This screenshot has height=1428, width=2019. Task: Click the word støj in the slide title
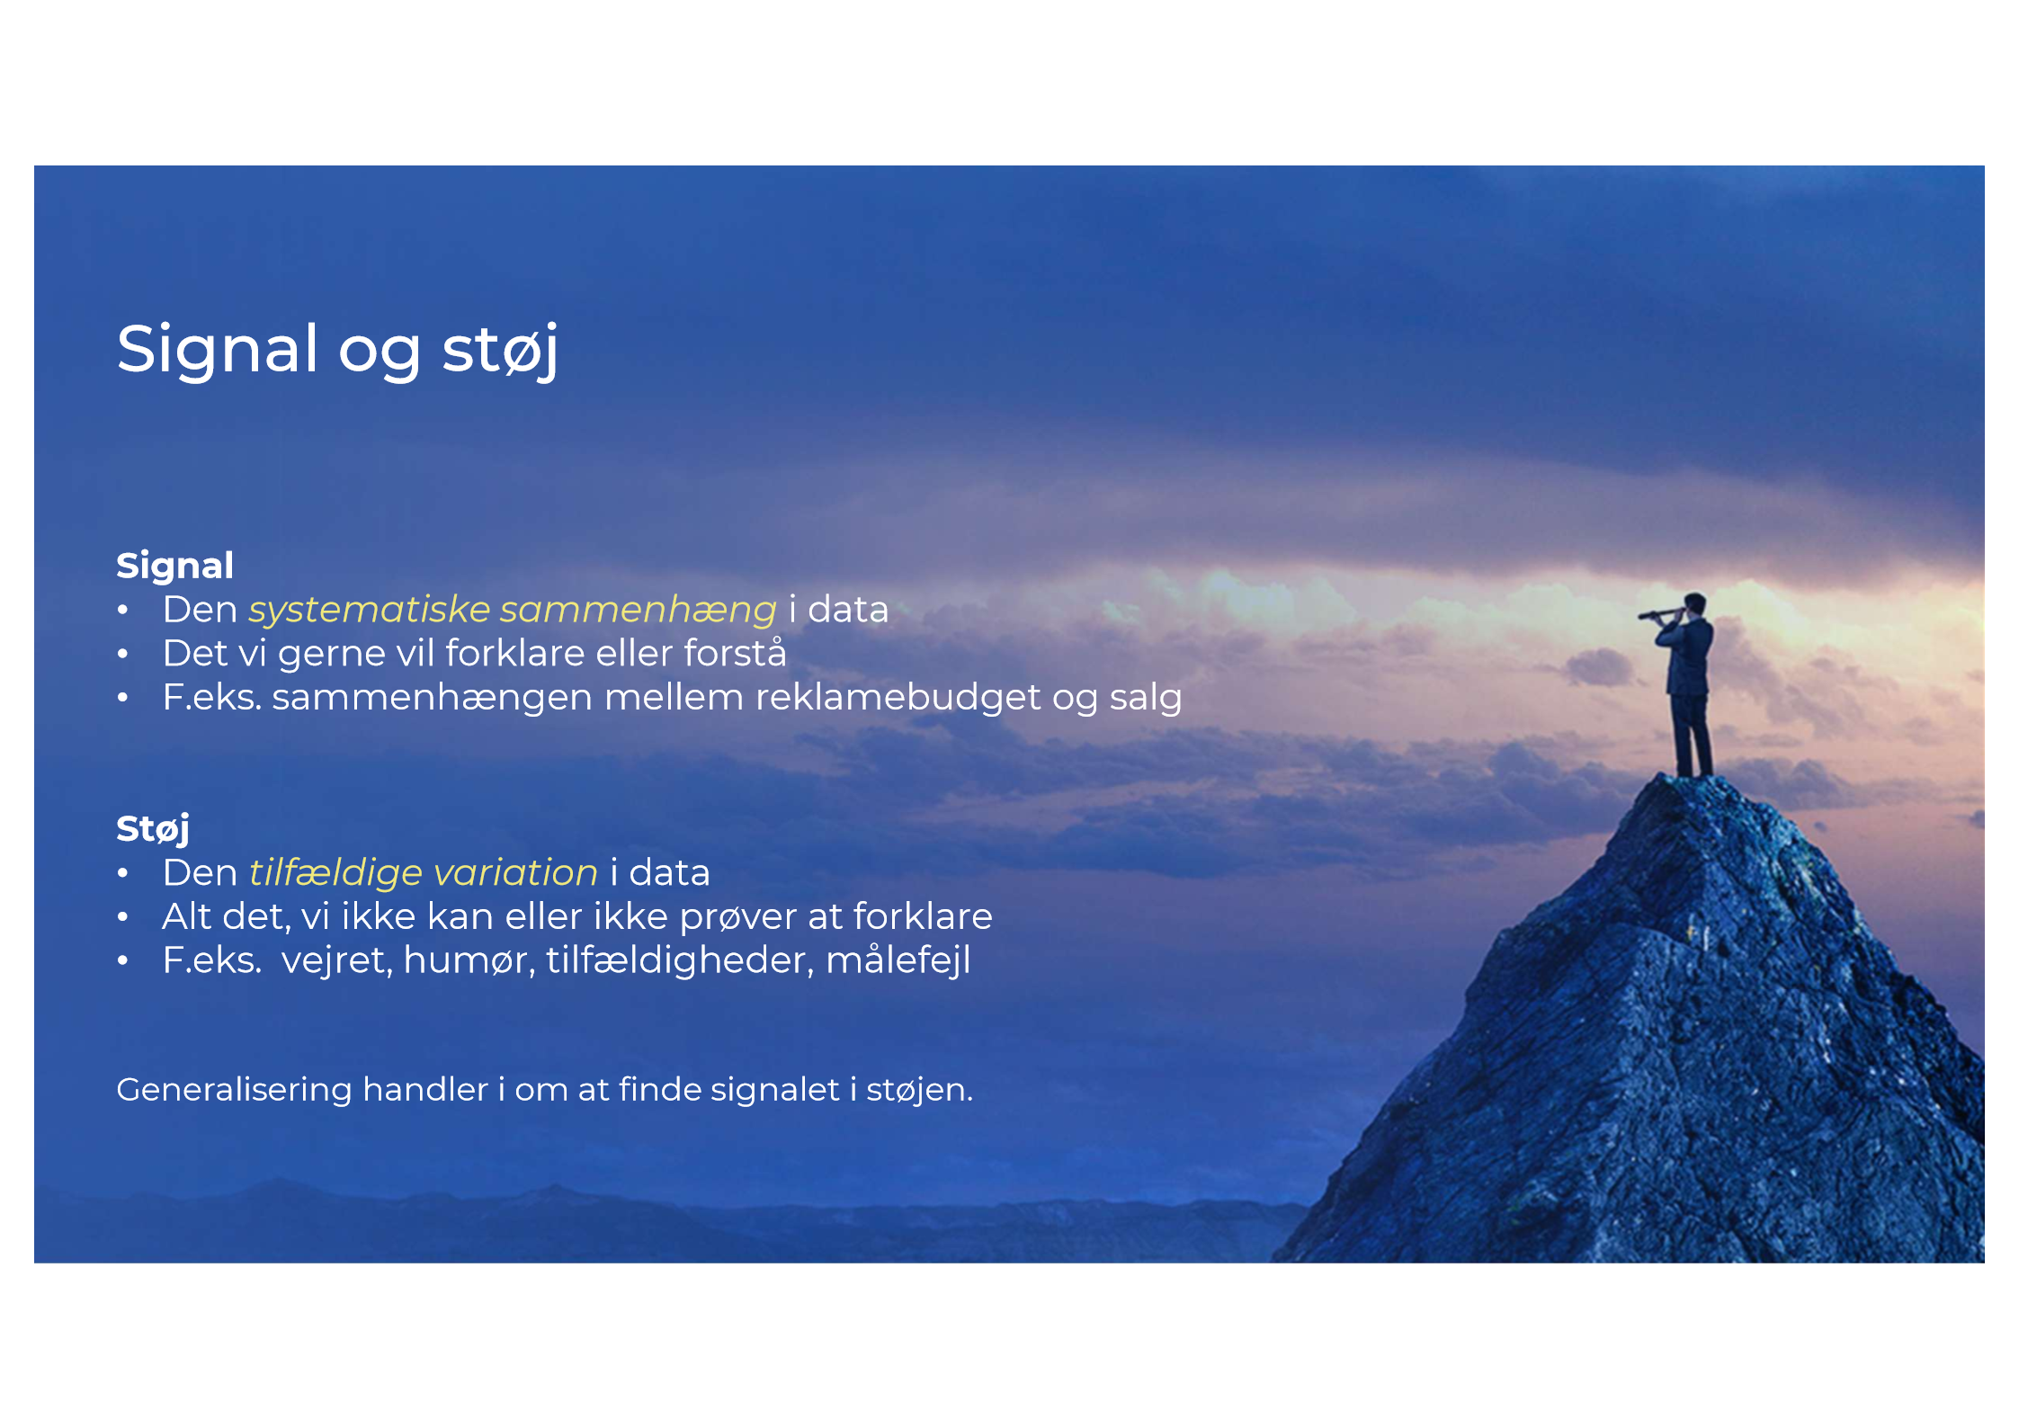click(500, 351)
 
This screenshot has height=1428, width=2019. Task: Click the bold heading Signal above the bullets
click(174, 566)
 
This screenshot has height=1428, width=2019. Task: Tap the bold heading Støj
click(152, 828)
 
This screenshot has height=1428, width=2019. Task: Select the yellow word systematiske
click(369, 610)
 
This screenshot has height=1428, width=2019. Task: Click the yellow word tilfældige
click(335, 873)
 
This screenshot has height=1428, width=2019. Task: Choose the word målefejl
click(898, 960)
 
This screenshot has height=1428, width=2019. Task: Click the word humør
click(469, 960)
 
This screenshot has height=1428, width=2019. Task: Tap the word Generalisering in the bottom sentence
click(234, 1090)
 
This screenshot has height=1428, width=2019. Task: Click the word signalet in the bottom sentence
click(774, 1090)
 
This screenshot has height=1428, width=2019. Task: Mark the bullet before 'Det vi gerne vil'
click(123, 654)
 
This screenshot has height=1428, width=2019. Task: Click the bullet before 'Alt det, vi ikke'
click(123, 917)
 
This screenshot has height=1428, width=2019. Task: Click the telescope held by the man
click(1659, 614)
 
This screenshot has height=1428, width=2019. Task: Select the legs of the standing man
click(1692, 736)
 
